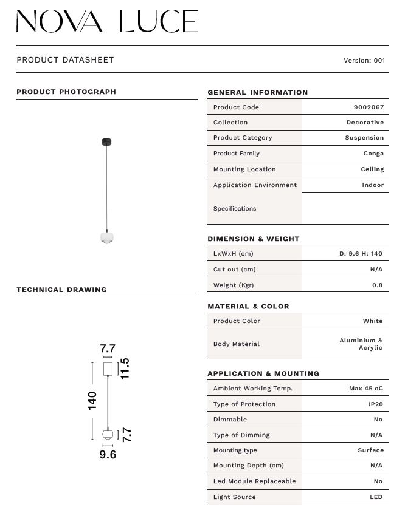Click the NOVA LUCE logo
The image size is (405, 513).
(x=107, y=21)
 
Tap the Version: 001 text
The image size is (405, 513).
(x=364, y=61)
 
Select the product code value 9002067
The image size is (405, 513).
(x=369, y=107)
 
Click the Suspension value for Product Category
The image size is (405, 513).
(x=364, y=138)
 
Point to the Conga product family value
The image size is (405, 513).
(x=373, y=154)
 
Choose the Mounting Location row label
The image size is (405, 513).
(x=244, y=169)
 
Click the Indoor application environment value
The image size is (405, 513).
(x=373, y=185)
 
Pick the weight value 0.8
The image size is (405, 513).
(x=377, y=285)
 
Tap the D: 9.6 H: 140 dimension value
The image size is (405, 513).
(x=361, y=254)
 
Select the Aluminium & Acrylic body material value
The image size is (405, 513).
(x=361, y=344)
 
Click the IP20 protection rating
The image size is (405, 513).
(x=375, y=404)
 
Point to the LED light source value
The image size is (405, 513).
(x=375, y=497)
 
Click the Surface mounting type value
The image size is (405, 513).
(x=370, y=450)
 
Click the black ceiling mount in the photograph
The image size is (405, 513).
(x=107, y=142)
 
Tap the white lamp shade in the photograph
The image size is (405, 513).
(x=107, y=237)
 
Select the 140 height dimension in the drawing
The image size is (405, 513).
(x=92, y=400)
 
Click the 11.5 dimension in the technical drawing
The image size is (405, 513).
(x=125, y=369)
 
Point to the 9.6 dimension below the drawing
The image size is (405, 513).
(x=108, y=454)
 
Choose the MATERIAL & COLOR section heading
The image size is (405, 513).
(x=248, y=307)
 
